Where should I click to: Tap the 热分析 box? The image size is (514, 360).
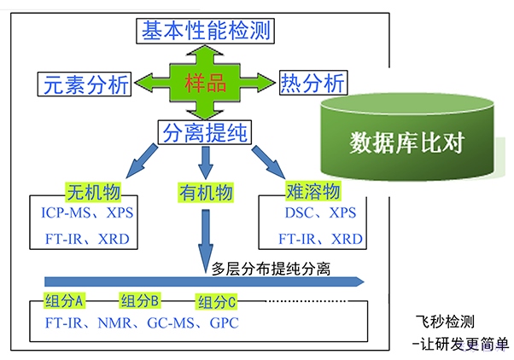[x=312, y=83]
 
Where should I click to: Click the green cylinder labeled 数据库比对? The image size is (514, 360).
[x=407, y=142]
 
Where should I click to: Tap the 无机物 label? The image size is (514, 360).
[x=91, y=190]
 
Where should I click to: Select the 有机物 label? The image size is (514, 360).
[x=205, y=192]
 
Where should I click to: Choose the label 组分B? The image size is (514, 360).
[x=140, y=301]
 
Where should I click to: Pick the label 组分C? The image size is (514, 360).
[x=217, y=302]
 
